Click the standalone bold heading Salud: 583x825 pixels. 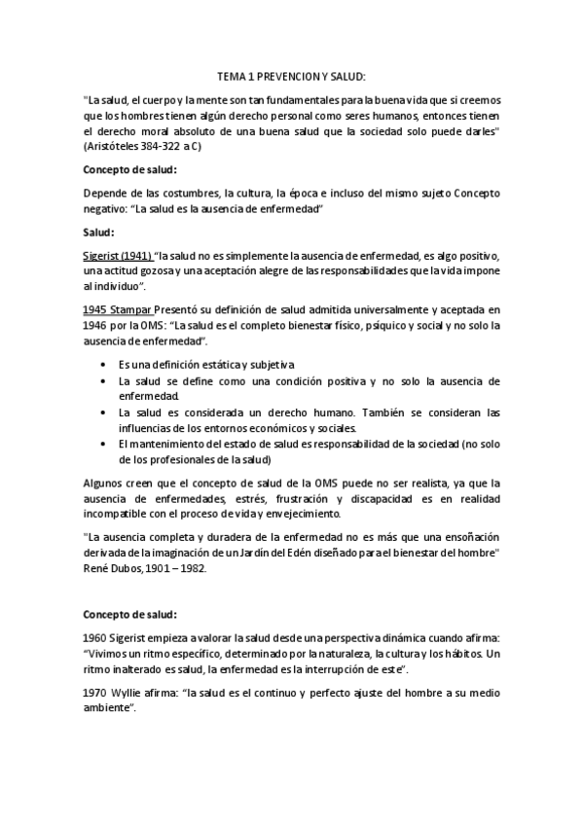tap(99, 233)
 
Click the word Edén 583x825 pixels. tap(308, 553)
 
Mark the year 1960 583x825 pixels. tap(97, 638)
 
